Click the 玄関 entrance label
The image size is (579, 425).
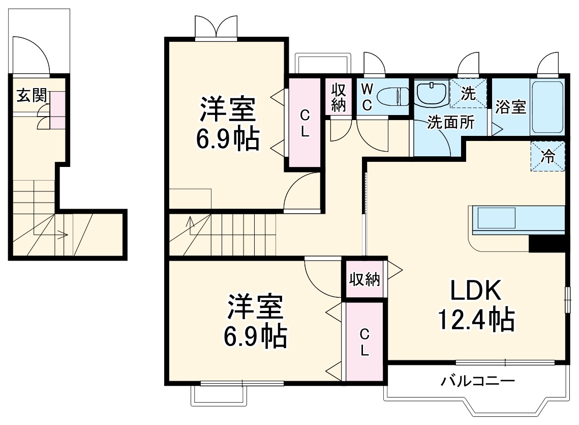[x=32, y=96]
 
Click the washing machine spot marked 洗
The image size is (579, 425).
[x=468, y=94]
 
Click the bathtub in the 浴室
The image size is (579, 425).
[x=547, y=107]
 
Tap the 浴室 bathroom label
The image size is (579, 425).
[x=510, y=107]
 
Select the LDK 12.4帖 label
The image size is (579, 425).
[x=476, y=305]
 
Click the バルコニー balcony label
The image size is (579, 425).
[x=478, y=381]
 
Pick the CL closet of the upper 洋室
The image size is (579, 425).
[x=304, y=123]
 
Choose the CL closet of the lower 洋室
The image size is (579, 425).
[x=364, y=342]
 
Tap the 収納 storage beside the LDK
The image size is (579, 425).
[x=364, y=279]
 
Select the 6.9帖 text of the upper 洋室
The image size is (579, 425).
[x=228, y=139]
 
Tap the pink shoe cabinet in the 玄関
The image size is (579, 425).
[x=57, y=110]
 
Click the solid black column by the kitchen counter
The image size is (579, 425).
[x=547, y=244]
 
